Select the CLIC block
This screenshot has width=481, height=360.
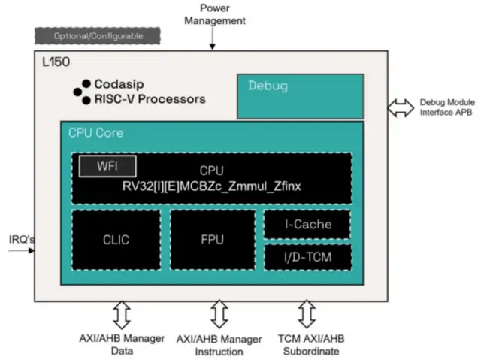click(x=116, y=240)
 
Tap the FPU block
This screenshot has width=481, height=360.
click(x=213, y=240)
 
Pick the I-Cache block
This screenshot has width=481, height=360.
click(x=308, y=224)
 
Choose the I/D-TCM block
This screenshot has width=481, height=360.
click(x=308, y=258)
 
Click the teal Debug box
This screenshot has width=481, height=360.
click(x=300, y=95)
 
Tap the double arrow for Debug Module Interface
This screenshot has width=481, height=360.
click(x=400, y=108)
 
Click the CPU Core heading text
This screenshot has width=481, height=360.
click(x=96, y=133)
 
